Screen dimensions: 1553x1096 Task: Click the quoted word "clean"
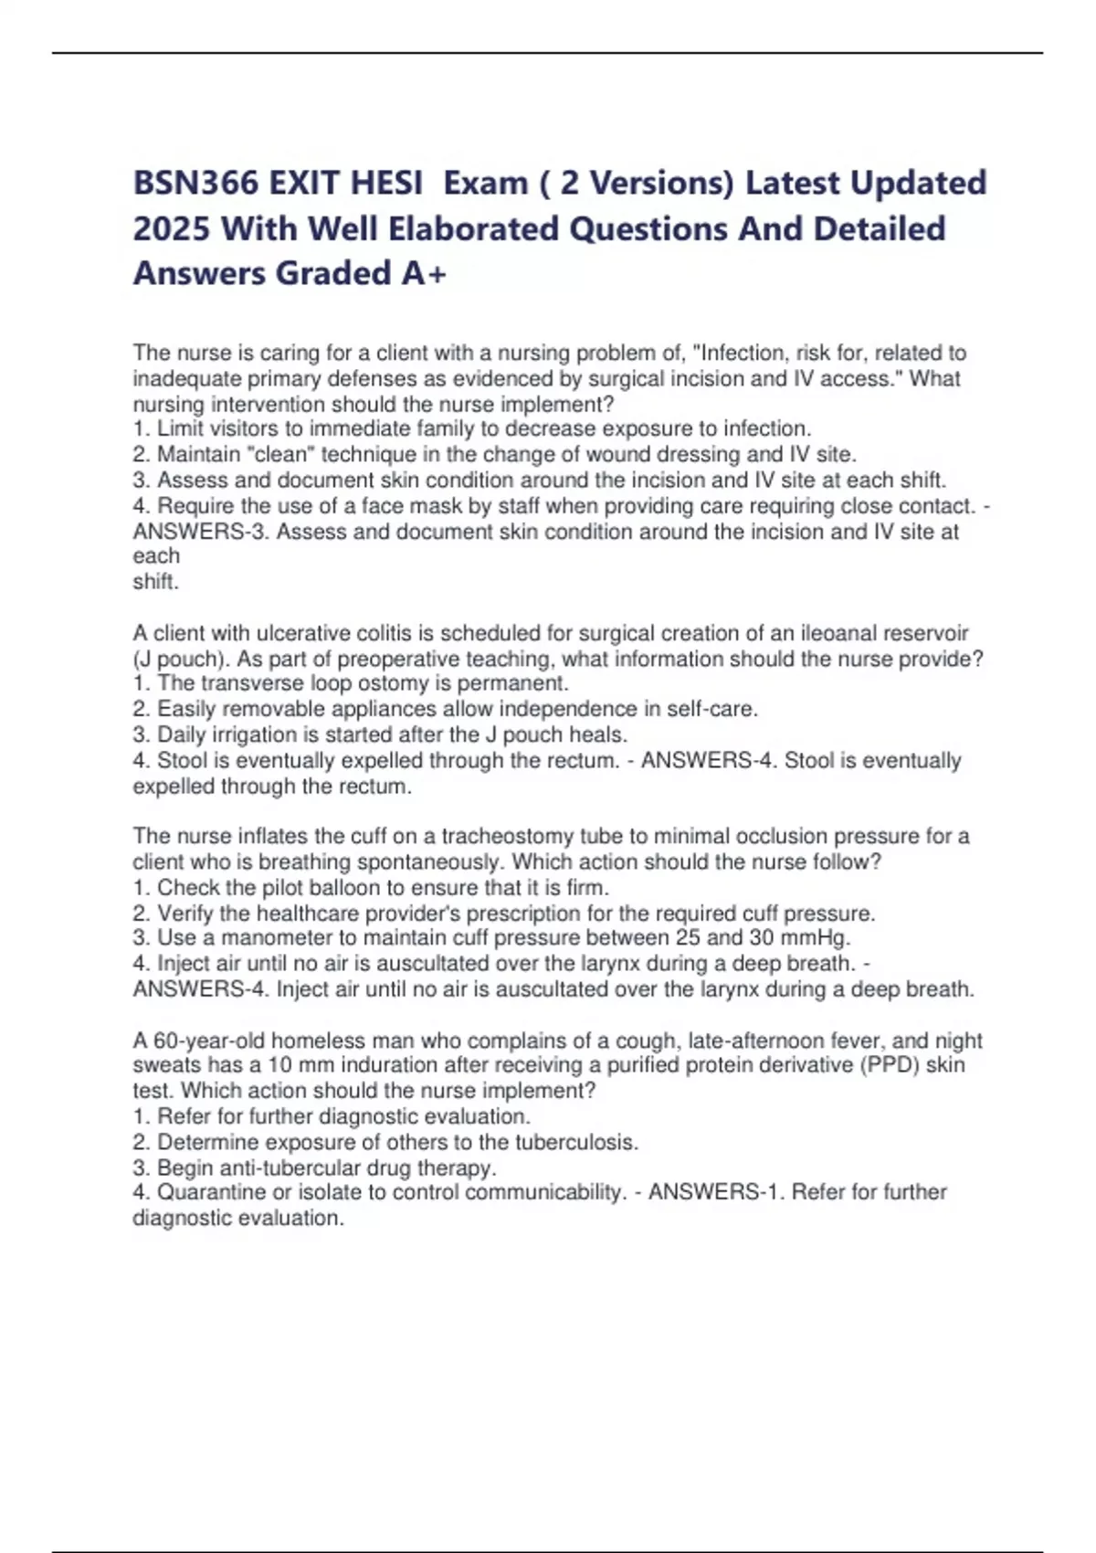click(281, 454)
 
